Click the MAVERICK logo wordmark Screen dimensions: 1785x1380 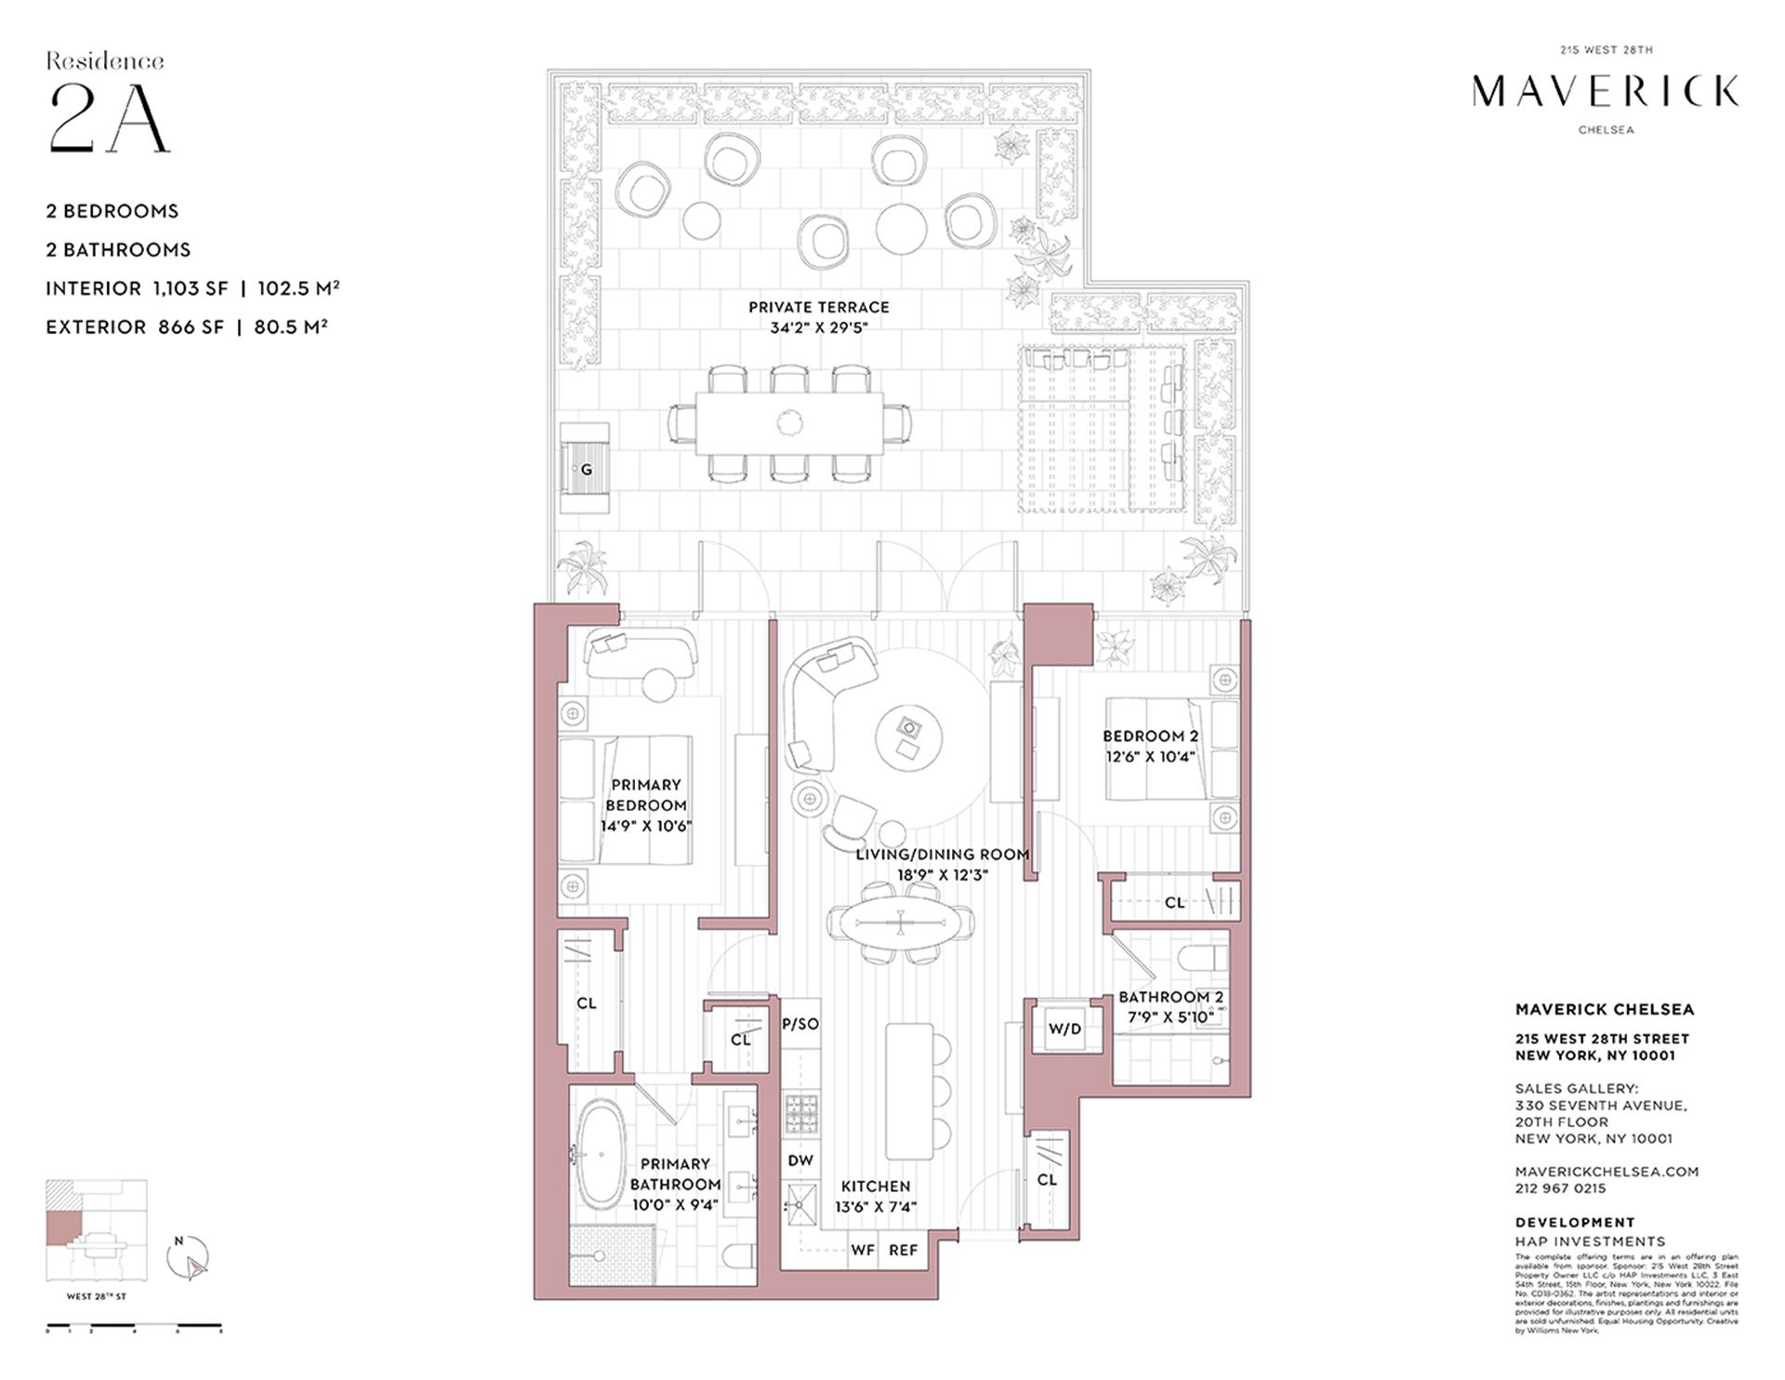(x=1606, y=91)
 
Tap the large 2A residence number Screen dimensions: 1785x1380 (x=109, y=117)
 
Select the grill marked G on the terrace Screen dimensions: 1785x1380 (x=586, y=470)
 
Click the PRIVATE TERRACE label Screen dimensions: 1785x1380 (x=818, y=307)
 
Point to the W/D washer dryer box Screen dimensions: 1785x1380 (x=1064, y=1028)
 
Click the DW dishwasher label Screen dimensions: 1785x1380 (x=800, y=1160)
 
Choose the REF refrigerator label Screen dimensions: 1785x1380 (x=903, y=1250)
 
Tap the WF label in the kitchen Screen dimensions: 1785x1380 (x=863, y=1250)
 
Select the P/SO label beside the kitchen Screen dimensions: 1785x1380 (x=800, y=1024)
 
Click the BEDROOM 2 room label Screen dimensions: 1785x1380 (x=1150, y=736)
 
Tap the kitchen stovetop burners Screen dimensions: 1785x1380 (x=800, y=1114)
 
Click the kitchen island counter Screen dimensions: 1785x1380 (x=909, y=1091)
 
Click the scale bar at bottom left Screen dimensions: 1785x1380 (x=134, y=1325)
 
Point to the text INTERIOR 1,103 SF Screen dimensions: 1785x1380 (x=137, y=288)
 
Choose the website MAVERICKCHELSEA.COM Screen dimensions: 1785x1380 (x=1606, y=1172)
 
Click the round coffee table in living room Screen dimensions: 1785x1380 (x=908, y=736)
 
